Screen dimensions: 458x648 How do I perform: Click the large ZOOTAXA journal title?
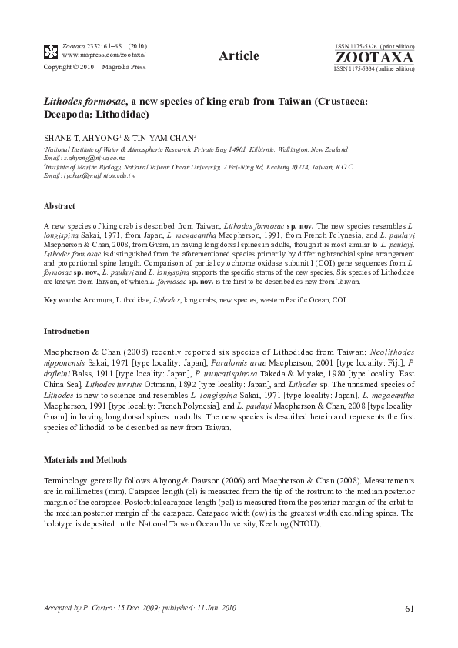click(x=374, y=57)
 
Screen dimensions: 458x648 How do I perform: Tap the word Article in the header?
click(x=238, y=55)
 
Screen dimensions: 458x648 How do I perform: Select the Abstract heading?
click(x=59, y=206)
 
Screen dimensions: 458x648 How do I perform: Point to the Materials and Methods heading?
click(x=85, y=459)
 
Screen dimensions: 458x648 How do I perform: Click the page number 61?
click(x=409, y=610)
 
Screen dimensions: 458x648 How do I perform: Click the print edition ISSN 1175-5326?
click(x=373, y=47)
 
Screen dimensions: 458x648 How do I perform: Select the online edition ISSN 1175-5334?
click(x=374, y=68)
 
